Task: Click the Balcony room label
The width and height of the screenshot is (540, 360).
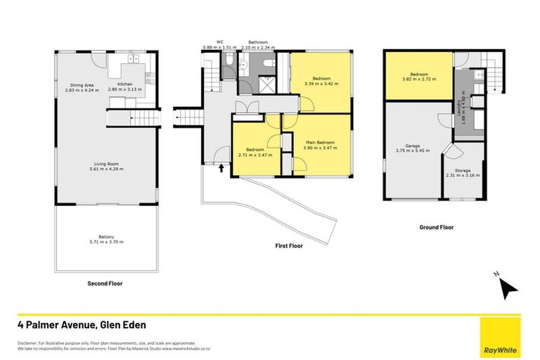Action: point(106,237)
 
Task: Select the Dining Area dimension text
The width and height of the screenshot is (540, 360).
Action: point(79,90)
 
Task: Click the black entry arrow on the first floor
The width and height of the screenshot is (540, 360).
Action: point(222,168)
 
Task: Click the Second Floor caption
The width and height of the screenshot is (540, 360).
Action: point(105,285)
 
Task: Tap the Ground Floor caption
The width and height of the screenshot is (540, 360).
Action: point(436,227)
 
